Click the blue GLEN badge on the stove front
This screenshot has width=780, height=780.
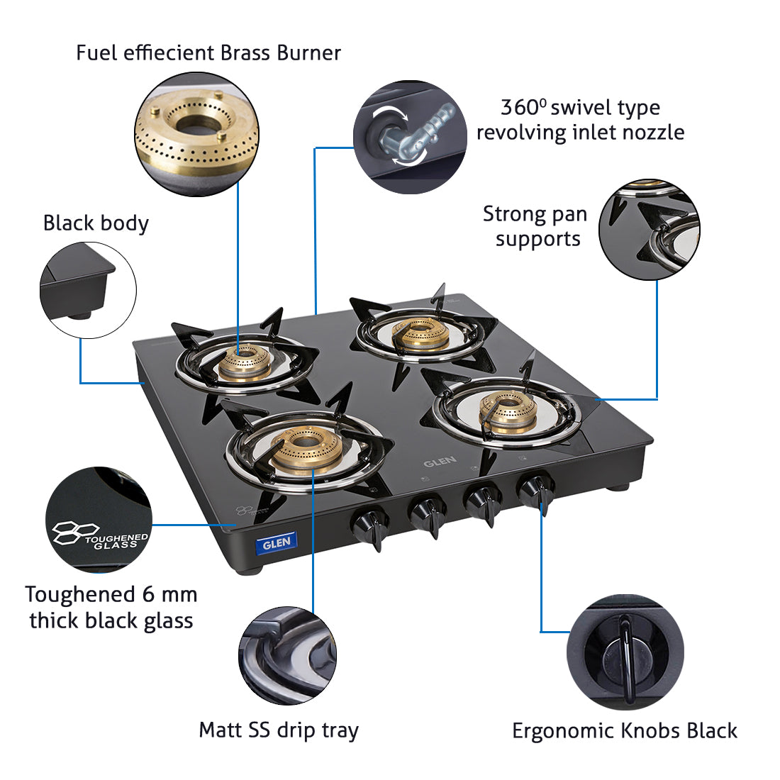(x=276, y=544)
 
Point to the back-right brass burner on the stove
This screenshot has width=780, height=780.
(x=420, y=335)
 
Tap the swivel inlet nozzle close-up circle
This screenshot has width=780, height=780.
(x=410, y=136)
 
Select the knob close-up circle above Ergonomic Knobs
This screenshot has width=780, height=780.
(x=625, y=651)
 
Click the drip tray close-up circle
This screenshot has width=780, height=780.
(x=287, y=655)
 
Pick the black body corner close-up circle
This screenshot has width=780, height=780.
(x=88, y=290)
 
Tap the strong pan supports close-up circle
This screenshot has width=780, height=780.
(x=649, y=229)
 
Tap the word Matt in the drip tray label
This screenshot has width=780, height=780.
(x=221, y=730)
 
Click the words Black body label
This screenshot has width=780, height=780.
(x=96, y=223)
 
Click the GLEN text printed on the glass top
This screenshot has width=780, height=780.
(x=440, y=462)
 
